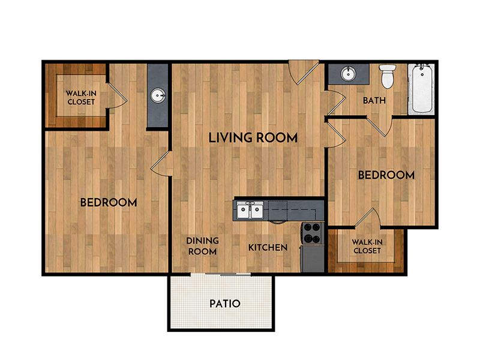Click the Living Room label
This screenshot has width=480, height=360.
pos(253,138)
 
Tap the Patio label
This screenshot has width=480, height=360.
pos(225,304)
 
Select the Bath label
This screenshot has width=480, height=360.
pos(374,100)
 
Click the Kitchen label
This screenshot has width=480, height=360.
pos(268,247)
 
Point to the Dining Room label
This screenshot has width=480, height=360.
pos(202,246)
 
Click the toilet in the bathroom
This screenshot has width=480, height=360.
pos(388,76)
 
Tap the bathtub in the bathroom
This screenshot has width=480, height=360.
pos(422,88)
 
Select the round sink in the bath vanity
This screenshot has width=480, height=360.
pos(349,73)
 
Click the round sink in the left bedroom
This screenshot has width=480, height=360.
pos(158,95)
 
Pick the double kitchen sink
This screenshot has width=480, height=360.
pos(250,211)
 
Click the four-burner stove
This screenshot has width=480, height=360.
pos(313,233)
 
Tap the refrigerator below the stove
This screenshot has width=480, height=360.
pos(313,259)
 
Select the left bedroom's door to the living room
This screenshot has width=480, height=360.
pos(161,164)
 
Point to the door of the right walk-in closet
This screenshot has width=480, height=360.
pos(367,218)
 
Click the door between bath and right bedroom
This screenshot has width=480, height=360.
pos(380,126)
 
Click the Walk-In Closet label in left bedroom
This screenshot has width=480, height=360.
pos(81,97)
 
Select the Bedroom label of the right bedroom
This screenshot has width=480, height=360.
pos(386,175)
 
